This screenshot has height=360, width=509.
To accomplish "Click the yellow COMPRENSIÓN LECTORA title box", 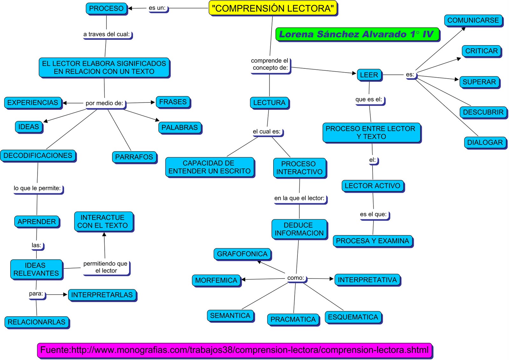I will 273,8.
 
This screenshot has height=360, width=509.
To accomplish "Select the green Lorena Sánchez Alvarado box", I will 357,34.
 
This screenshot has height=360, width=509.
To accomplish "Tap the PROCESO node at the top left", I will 106,9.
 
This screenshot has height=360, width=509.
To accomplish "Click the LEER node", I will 369,75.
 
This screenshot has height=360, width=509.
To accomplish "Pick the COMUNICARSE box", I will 473,20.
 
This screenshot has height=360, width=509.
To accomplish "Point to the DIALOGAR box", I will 485,143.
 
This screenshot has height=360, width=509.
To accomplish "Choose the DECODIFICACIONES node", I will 38,156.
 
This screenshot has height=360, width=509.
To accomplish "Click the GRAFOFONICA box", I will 242,254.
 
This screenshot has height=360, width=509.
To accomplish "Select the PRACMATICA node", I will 293,320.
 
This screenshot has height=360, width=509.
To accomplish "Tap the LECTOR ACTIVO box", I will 373,186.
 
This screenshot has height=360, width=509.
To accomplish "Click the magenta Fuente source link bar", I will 234,350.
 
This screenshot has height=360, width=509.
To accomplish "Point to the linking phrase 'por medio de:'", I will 104,103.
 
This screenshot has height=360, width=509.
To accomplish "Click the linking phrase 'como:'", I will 296,278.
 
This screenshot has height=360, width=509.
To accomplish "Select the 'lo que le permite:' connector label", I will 37,188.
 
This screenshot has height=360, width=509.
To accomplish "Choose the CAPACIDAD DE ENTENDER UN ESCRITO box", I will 209,167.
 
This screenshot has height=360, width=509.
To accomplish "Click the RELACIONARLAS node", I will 37,322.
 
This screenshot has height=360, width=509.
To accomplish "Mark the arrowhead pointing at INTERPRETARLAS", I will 65,295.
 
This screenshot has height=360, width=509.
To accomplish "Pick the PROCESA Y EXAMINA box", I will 373,241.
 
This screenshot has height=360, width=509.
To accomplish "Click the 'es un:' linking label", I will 157,8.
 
